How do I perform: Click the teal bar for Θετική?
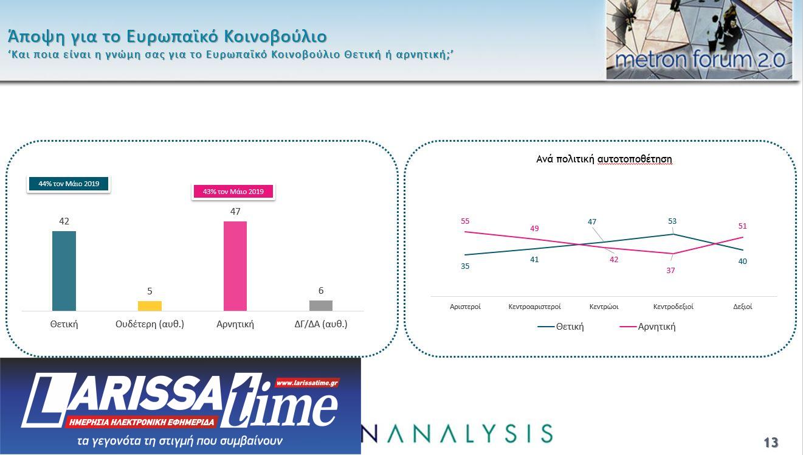click(64, 271)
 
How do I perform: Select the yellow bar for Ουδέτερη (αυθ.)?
click(150, 306)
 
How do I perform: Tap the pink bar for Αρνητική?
click(235, 266)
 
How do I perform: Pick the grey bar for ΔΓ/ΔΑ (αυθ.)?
click(321, 305)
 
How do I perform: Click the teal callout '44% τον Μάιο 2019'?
click(69, 184)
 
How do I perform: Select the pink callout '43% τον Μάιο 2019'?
click(233, 192)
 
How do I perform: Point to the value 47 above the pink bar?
click(235, 212)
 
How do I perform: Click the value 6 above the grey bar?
click(321, 291)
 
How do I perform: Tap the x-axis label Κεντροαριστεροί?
click(534, 307)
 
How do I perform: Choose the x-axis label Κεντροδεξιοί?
click(673, 307)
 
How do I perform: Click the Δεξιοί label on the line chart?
click(743, 307)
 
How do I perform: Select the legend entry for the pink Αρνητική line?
click(648, 327)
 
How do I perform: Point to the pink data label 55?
click(465, 221)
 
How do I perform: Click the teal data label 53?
click(672, 221)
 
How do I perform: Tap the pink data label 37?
click(670, 270)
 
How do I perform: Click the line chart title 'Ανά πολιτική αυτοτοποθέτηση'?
click(604, 159)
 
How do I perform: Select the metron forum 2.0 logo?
click(699, 40)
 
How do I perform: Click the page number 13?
click(770, 442)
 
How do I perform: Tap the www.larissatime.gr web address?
click(307, 383)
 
